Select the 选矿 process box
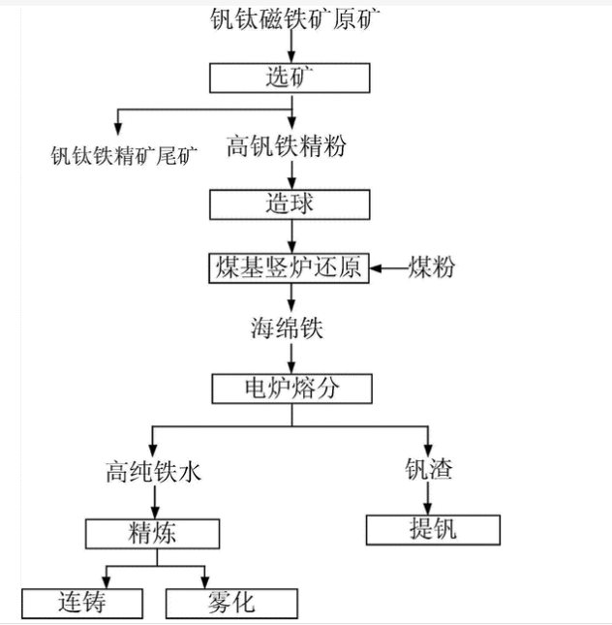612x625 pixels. pos(291,78)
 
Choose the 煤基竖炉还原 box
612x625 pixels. pos(289,268)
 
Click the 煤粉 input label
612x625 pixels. pos(431,267)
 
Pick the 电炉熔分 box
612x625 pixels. pos(291,389)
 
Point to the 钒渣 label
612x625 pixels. pos(428,471)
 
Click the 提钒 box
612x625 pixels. pos(432,529)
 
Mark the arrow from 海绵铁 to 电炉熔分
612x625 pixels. pos(291,358)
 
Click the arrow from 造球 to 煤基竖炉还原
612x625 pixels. pos(291,236)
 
